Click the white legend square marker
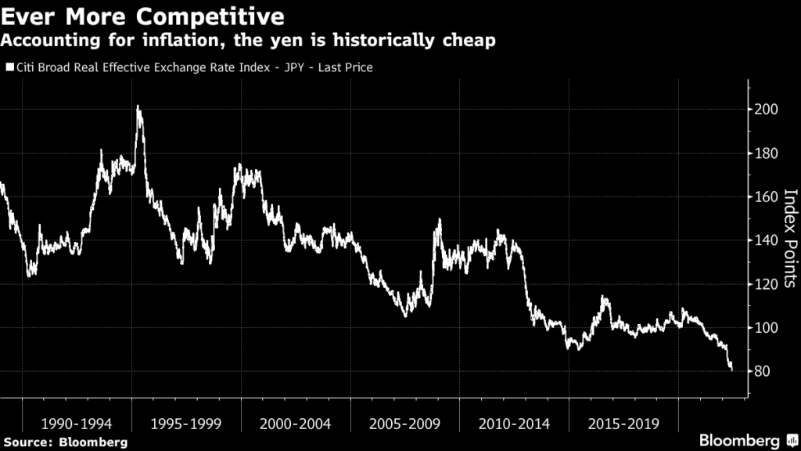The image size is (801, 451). point(9,68)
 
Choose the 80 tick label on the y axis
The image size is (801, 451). point(763,372)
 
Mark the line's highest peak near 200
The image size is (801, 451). point(138,106)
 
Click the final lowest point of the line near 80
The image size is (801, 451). point(731,370)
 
